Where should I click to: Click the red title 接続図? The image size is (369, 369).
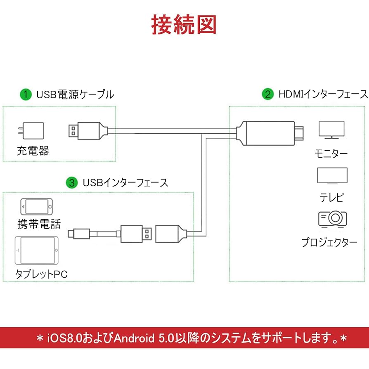184,25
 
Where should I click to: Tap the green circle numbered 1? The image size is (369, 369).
26,95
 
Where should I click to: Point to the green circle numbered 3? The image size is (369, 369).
73,182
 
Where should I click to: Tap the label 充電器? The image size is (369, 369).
33,151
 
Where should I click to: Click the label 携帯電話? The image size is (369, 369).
39,224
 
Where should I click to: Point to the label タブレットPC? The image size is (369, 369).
41,274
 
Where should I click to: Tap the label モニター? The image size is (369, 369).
331,154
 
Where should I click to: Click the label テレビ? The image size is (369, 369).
331,198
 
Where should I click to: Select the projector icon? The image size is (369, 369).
332,219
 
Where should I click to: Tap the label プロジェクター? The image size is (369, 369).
329,242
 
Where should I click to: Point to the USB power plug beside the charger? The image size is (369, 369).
87,130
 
